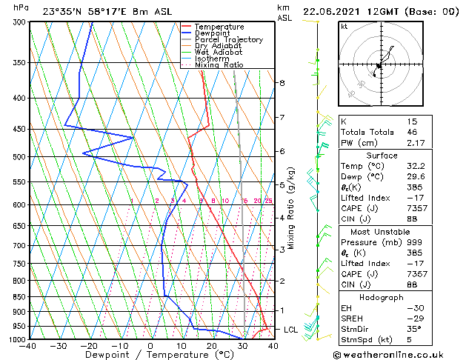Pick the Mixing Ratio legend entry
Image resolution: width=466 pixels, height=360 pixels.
coord(219,65)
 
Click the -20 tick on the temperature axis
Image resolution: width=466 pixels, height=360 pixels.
coord(90,345)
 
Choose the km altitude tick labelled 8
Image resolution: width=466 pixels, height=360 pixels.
coord(282,83)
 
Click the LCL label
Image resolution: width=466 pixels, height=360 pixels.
coord(290,330)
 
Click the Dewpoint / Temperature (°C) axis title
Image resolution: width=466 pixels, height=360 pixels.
coord(151,355)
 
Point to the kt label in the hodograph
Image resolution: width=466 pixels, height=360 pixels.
coord(344,27)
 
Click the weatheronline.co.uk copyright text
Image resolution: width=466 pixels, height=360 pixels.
coord(403,354)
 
